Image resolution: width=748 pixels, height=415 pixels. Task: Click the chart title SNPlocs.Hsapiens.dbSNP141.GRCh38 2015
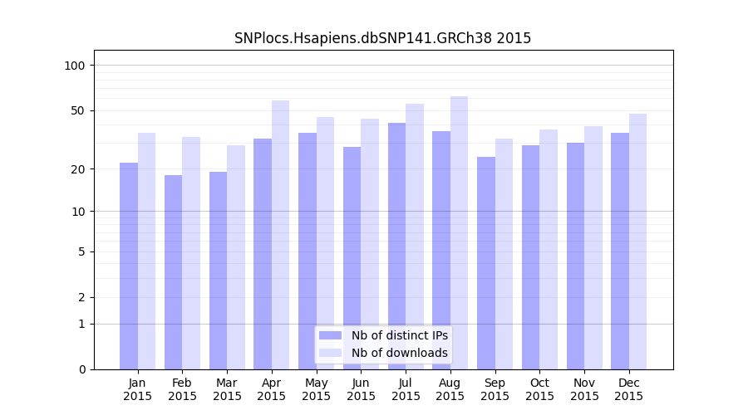click(x=382, y=38)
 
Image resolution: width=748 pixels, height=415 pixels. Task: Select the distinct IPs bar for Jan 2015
click(x=129, y=266)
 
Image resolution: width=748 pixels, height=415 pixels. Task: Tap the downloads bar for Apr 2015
click(x=281, y=235)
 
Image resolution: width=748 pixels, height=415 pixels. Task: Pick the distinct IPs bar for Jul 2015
click(x=396, y=246)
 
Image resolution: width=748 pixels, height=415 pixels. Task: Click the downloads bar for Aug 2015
click(x=460, y=232)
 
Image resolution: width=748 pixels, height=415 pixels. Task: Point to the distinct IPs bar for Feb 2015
click(x=173, y=272)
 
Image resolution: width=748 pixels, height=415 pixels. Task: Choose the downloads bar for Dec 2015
click(x=638, y=242)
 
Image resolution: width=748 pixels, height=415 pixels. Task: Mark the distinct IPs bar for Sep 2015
click(x=486, y=263)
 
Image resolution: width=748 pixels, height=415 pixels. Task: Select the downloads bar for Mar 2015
click(x=236, y=257)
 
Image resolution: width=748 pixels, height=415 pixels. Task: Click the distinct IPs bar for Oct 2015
click(x=530, y=257)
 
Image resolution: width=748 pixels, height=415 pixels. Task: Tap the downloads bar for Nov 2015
click(x=593, y=247)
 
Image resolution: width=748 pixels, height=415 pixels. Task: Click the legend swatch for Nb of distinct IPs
click(x=331, y=335)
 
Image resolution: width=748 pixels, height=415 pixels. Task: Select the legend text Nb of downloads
click(x=400, y=353)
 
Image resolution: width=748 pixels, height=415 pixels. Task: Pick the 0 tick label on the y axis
click(x=81, y=369)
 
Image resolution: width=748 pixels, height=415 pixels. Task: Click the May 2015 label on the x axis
click(x=317, y=389)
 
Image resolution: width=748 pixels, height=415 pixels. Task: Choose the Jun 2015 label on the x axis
click(x=361, y=389)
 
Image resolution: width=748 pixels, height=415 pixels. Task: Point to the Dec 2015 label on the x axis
click(x=629, y=389)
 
